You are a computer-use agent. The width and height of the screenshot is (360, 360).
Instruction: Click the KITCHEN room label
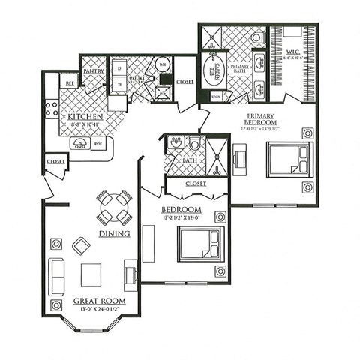(x=84, y=118)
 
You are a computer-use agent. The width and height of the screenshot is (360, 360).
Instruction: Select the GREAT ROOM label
(x=99, y=301)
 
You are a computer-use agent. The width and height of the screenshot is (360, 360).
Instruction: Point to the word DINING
(x=114, y=233)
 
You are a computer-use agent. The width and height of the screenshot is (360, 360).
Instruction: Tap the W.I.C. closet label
(x=293, y=52)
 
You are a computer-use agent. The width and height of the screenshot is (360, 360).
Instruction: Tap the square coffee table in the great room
(x=92, y=275)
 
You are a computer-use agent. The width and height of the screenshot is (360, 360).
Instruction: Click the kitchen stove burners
(x=52, y=108)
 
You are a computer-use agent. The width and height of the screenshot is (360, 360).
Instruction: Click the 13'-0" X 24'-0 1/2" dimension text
(x=99, y=309)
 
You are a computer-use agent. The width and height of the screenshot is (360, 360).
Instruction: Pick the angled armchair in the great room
(x=80, y=245)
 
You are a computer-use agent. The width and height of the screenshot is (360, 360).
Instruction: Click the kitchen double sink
(x=79, y=143)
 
